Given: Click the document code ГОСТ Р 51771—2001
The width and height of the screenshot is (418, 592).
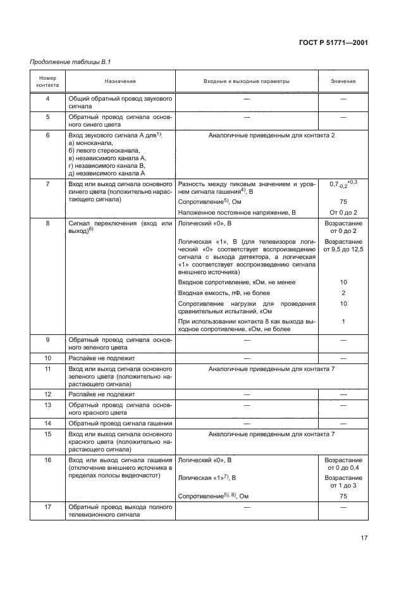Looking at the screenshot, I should tap(333, 42).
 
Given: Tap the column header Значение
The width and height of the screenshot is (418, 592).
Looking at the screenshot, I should tap(343, 82).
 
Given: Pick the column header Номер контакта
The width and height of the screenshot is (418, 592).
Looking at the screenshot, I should tap(47, 82).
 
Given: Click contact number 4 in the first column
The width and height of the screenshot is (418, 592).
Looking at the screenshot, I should tap(47, 100).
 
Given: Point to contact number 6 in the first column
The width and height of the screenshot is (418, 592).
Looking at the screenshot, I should tap(47, 135).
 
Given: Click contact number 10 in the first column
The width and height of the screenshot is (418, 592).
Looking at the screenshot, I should tap(47, 358).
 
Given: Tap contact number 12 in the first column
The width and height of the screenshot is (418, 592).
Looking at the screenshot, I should tap(47, 394).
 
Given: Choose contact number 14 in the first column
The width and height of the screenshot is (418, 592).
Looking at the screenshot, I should tap(47, 423).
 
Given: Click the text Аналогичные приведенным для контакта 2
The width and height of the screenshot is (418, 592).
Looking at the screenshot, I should tap(271, 135).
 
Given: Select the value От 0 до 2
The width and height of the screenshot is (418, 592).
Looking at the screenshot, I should tap(343, 212).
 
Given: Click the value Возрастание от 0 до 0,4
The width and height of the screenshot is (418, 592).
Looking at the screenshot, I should tap(343, 464).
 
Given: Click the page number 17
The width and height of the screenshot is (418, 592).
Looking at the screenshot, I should tap(364, 538).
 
